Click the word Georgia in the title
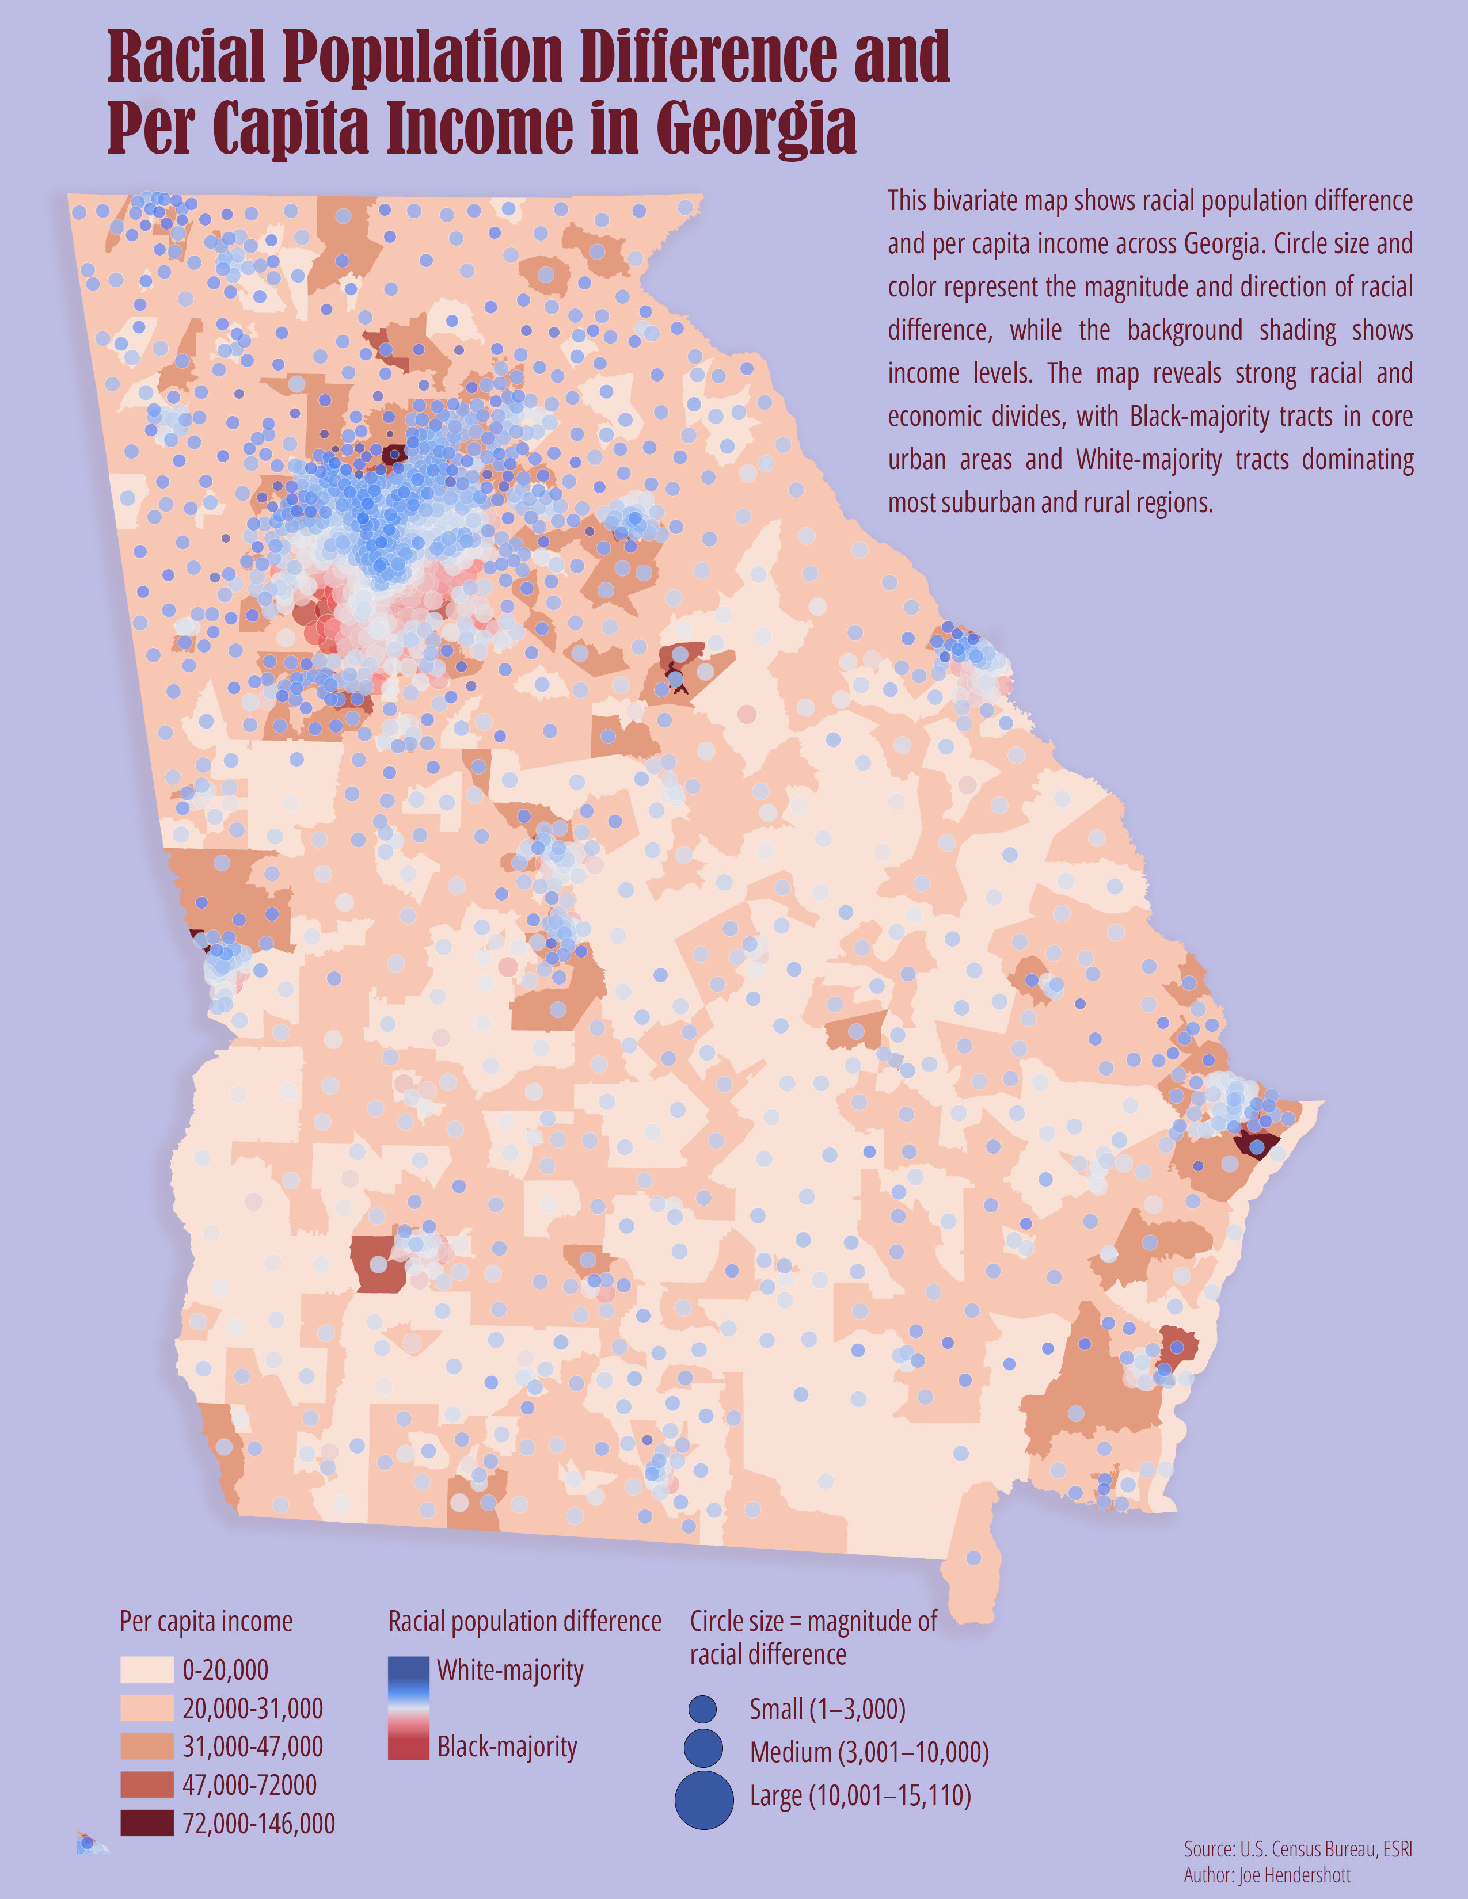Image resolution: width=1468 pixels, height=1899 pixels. [x=756, y=128]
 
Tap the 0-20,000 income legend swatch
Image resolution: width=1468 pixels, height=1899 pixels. [x=146, y=1669]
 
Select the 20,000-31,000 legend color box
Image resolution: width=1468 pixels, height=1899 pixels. [x=146, y=1708]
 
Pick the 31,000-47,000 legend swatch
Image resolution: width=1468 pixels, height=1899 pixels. [x=146, y=1746]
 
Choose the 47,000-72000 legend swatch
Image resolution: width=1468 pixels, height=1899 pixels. [x=146, y=1784]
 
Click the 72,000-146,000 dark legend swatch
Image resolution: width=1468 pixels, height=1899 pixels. [x=146, y=1822]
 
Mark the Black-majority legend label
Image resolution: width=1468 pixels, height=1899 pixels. [x=507, y=1746]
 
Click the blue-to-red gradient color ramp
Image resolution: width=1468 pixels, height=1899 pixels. [x=408, y=1708]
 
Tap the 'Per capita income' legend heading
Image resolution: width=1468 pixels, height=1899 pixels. [x=206, y=1620]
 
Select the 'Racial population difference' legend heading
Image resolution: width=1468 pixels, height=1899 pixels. [x=524, y=1620]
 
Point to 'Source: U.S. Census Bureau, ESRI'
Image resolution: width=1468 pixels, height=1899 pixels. [x=1298, y=1848]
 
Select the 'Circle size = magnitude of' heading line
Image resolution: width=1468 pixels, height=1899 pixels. [x=813, y=1620]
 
